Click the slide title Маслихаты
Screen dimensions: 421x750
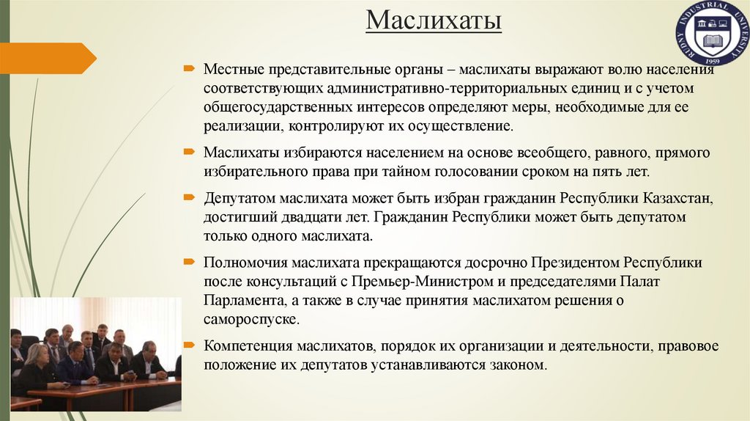pyautogui.click(x=434, y=21)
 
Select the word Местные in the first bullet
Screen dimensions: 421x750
pyautogui.click(x=232, y=70)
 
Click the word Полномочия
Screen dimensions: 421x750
pyautogui.click(x=247, y=262)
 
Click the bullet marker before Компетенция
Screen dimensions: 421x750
pyautogui.click(x=189, y=345)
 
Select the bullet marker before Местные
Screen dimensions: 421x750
pyautogui.click(x=189, y=69)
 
